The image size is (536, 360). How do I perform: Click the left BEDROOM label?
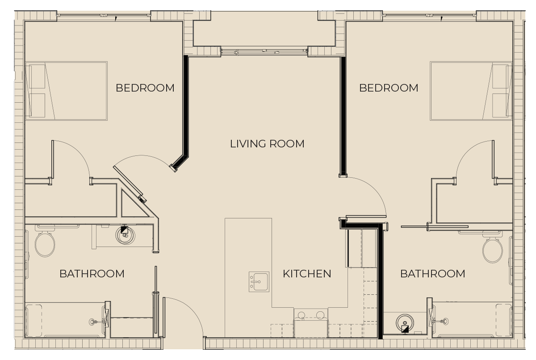tap(145, 88)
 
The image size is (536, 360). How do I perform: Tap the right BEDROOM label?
tap(389, 88)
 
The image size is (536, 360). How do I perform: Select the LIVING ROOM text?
tap(267, 144)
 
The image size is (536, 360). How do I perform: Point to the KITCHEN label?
tap(307, 274)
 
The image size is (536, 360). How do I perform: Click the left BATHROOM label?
tap(92, 274)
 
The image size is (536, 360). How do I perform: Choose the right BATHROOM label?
tap(433, 274)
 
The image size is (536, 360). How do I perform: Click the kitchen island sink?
tap(259, 281)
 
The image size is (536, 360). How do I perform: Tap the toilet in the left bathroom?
tap(45, 241)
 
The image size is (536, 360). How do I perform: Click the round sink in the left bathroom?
tap(125, 235)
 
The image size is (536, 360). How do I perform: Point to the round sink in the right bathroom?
tap(405, 323)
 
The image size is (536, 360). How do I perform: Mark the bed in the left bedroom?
tap(66, 91)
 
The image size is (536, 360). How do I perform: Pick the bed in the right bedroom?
tap(471, 91)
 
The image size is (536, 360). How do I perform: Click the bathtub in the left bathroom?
tap(65, 320)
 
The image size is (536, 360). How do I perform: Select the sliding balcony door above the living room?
tap(264, 51)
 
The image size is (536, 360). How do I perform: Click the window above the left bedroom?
tap(104, 15)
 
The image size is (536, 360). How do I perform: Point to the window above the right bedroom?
tap(429, 15)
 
